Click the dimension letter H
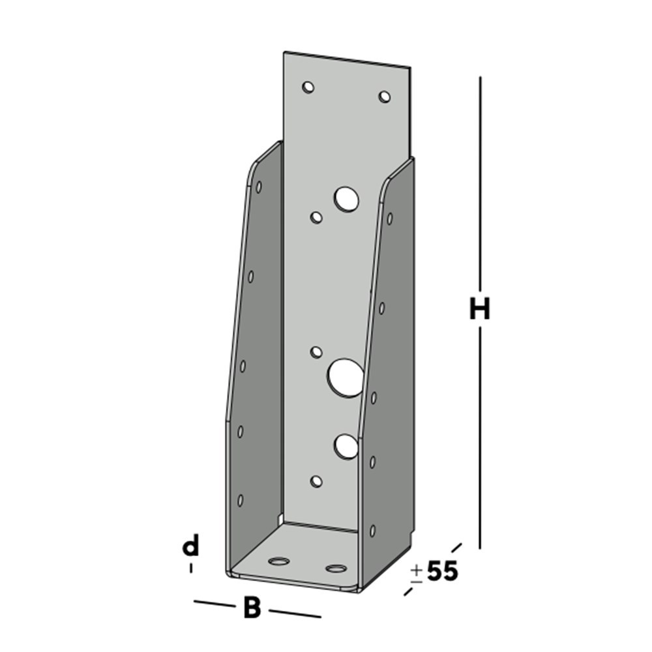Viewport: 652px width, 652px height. point(479,309)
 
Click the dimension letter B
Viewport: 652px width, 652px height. point(252,608)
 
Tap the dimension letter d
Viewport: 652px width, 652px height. point(190,546)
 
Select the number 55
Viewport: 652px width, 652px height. point(443,572)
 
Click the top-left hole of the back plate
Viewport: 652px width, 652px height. point(308,87)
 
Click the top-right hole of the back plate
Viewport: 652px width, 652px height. point(385,96)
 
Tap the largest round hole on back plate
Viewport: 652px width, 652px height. point(346,378)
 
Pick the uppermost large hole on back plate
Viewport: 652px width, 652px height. point(346,199)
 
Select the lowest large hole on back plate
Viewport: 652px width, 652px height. point(346,446)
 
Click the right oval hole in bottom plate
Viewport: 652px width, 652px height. point(336,569)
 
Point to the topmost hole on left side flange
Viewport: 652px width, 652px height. point(259,187)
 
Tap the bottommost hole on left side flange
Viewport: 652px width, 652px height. point(240,500)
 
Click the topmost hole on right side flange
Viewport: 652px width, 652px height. point(390,218)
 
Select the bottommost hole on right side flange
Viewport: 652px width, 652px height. point(372,531)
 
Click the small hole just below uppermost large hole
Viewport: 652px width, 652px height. point(316,217)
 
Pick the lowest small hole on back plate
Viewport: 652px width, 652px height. point(316,481)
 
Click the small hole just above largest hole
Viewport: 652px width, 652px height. point(316,352)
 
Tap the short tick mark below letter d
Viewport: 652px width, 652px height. point(191,569)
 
